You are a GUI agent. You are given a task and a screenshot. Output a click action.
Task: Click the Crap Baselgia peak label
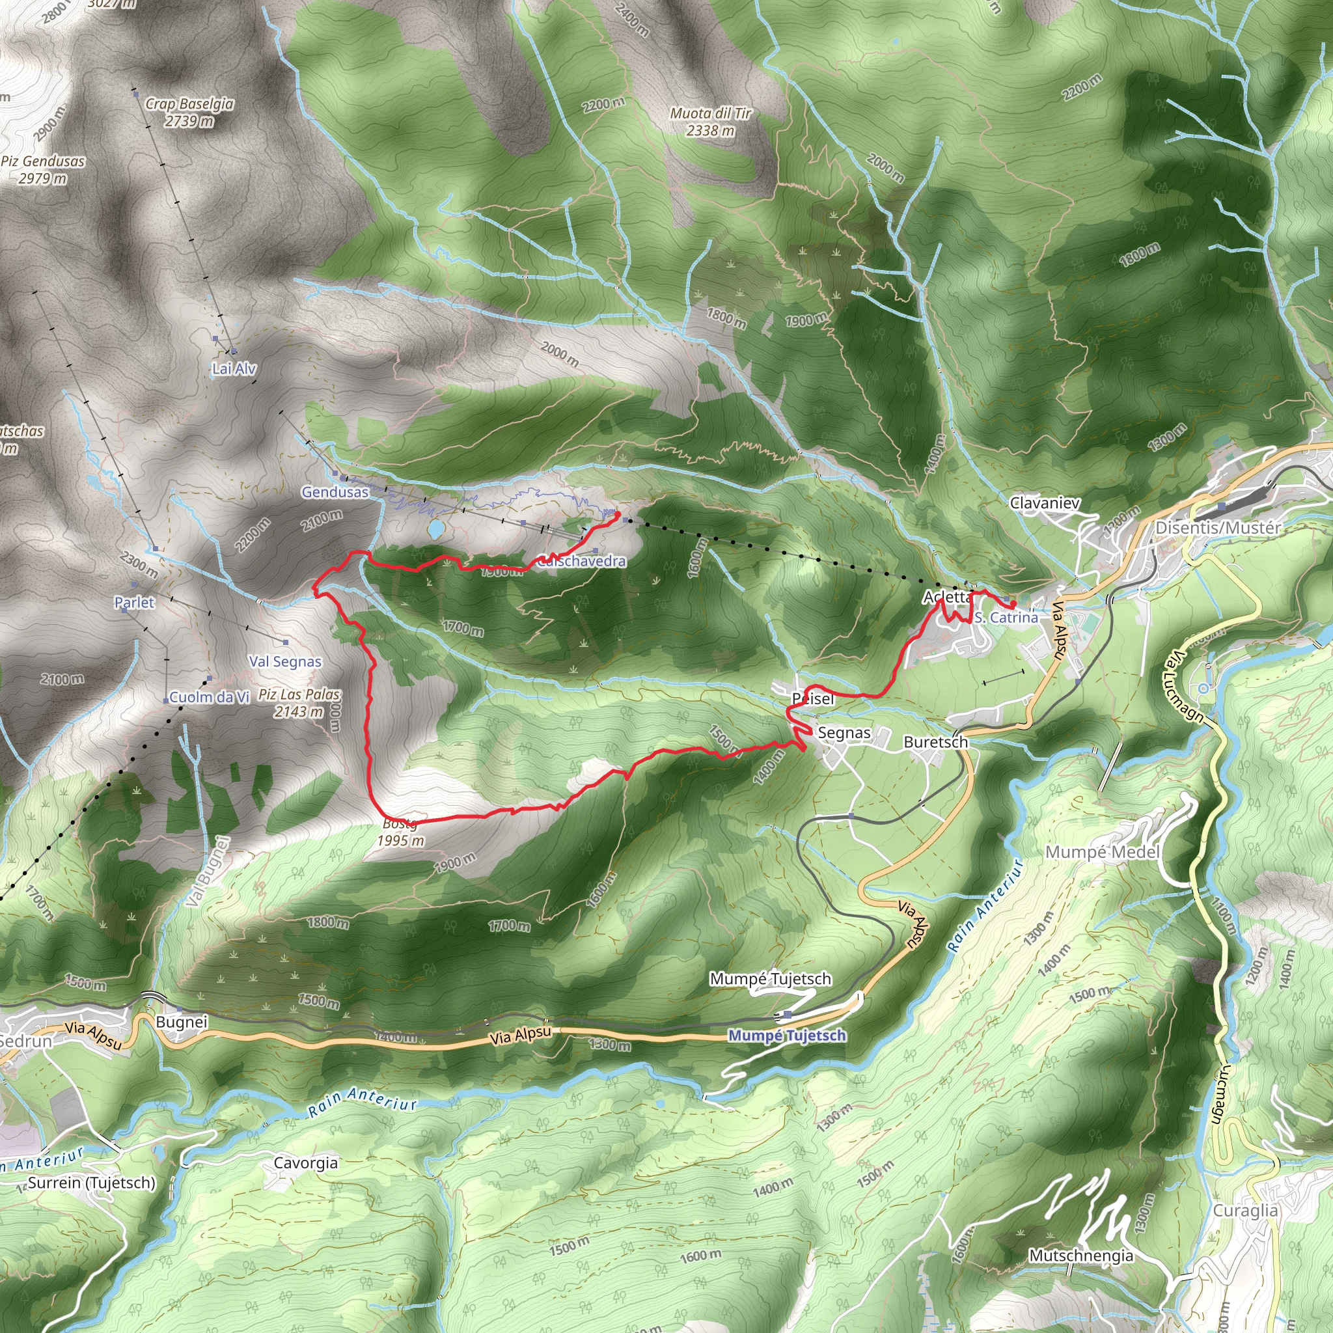(189, 112)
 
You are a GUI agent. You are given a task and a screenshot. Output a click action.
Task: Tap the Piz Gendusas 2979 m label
(43, 169)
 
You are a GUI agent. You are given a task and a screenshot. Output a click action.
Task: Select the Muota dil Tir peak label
(710, 122)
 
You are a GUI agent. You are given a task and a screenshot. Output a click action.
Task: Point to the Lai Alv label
(234, 368)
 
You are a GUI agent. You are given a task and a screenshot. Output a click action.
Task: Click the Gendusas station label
(335, 492)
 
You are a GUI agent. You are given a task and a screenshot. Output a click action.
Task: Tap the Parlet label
(135, 602)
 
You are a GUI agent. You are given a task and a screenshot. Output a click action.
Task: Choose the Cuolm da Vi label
(208, 697)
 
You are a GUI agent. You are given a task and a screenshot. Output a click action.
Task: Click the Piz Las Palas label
(299, 702)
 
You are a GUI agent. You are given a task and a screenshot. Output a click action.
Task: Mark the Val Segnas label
(285, 661)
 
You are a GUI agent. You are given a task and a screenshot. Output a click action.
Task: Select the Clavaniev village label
(1045, 503)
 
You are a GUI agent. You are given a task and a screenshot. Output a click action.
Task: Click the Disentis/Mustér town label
(1218, 528)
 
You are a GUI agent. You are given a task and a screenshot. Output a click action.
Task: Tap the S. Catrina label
(1006, 617)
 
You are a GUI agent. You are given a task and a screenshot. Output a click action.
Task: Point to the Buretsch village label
(935, 742)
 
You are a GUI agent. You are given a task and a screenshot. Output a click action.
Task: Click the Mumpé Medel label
(1102, 852)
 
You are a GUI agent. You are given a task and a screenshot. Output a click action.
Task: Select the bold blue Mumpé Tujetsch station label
(788, 1036)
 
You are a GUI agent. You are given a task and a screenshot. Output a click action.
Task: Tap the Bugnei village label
(182, 1022)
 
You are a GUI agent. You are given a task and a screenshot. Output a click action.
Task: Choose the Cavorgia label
(306, 1162)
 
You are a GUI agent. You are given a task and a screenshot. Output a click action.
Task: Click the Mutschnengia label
(1080, 1255)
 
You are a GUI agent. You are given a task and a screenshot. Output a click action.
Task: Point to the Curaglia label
(1245, 1210)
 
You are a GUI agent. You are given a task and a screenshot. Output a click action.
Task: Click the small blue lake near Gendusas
(435, 529)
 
